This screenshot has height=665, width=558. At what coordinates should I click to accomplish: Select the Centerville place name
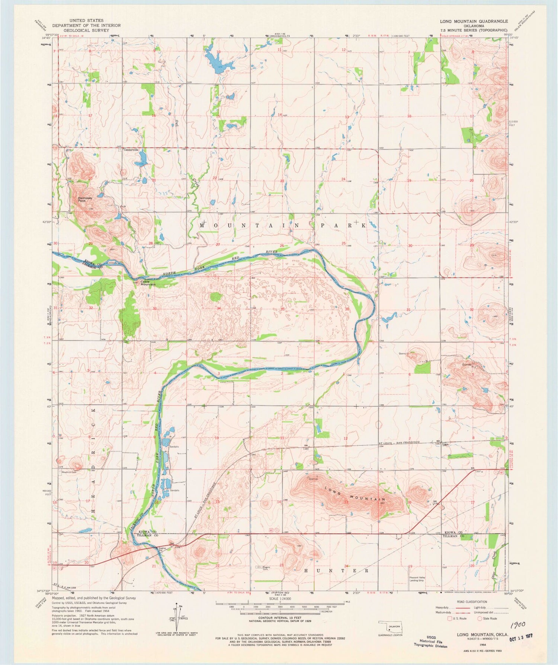(x=131, y=150)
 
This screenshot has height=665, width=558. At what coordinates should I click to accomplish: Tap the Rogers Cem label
(x=266, y=568)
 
